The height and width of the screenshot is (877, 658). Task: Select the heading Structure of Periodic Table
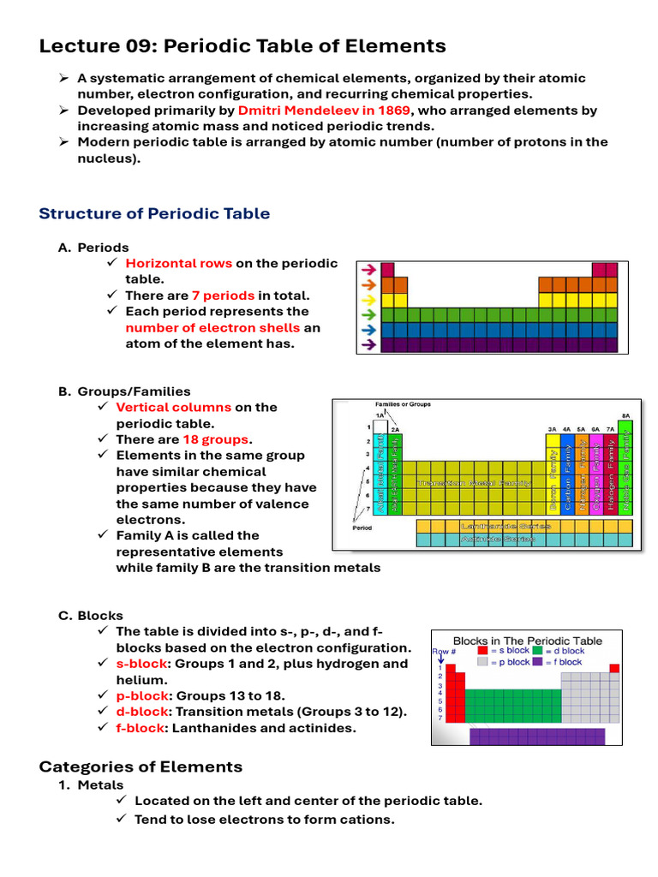point(154,213)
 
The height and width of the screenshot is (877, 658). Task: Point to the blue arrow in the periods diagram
point(368,329)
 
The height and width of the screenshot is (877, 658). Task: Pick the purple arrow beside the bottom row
point(368,344)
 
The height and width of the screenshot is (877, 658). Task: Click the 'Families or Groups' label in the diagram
point(403,404)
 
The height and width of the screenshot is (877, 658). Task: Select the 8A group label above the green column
point(625,415)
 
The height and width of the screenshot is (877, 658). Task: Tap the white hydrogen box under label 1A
point(380,427)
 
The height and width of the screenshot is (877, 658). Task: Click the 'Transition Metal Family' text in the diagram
point(474,484)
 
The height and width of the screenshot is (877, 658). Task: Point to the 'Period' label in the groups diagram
point(362,528)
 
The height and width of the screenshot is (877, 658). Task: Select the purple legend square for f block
point(537,662)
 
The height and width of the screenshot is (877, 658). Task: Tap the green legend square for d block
point(537,651)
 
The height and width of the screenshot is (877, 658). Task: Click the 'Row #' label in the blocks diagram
point(443,651)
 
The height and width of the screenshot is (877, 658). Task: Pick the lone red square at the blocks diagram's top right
point(613,668)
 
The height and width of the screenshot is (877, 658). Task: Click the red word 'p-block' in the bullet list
point(139,695)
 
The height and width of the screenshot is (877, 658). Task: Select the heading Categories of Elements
point(141,767)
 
